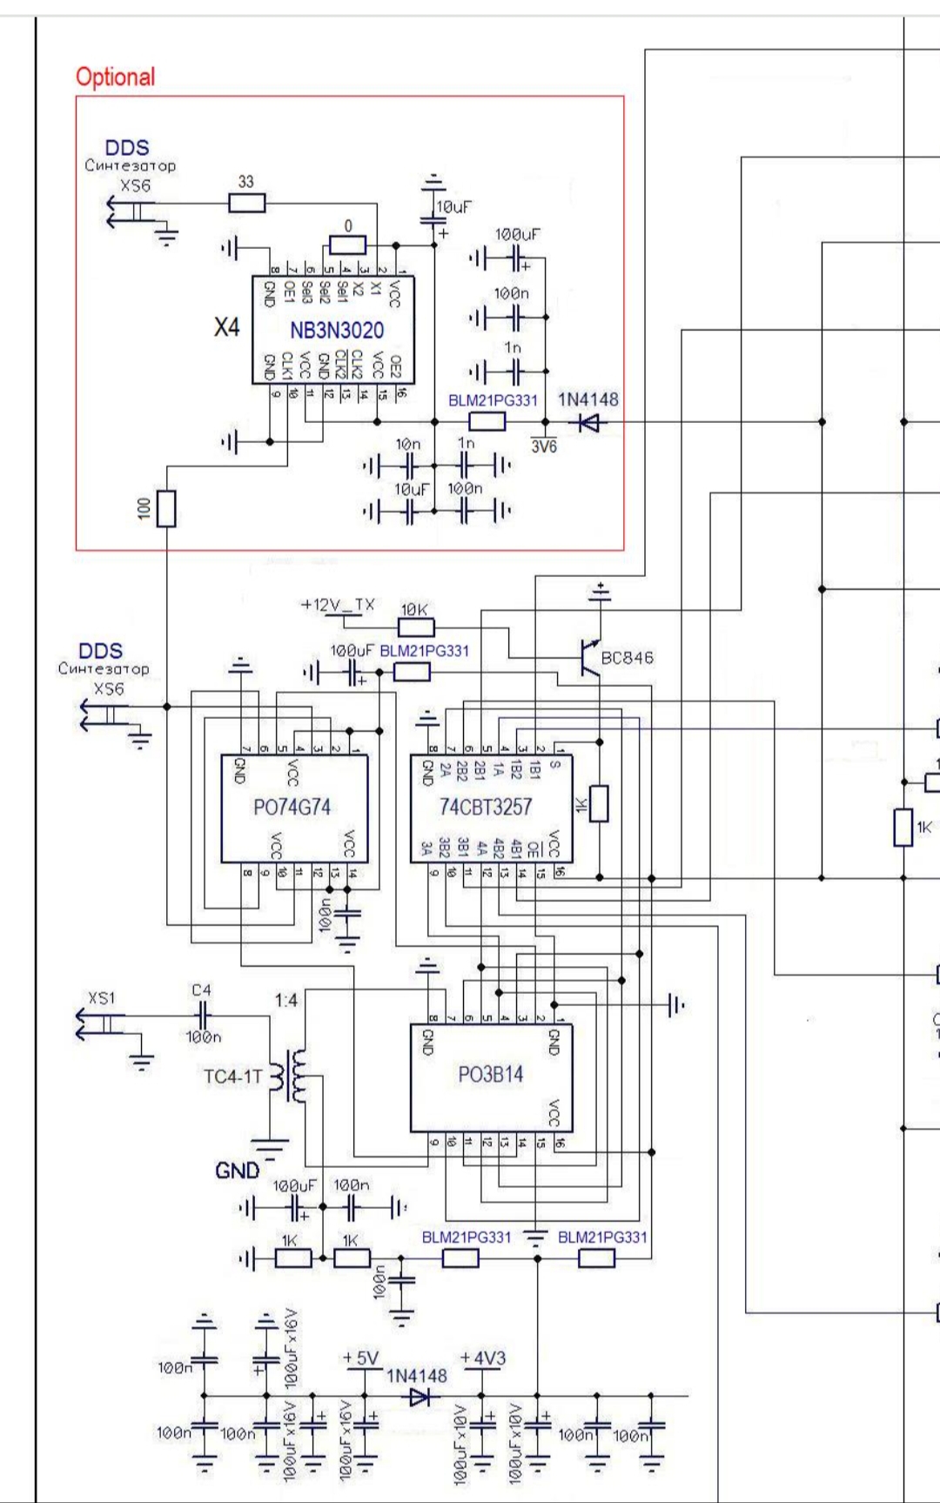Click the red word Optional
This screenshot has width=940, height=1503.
[115, 77]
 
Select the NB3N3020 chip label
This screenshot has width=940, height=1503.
[336, 330]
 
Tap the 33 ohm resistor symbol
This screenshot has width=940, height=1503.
[247, 204]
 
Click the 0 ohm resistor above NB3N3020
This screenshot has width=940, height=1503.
[347, 245]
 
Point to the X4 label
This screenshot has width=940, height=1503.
[226, 327]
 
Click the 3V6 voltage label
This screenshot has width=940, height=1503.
[543, 446]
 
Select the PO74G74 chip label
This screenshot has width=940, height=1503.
[292, 808]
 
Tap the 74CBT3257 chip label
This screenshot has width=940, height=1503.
[485, 808]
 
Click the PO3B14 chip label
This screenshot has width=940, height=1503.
[491, 1075]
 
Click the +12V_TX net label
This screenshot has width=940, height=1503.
[338, 605]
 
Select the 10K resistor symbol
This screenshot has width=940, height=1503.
[416, 627]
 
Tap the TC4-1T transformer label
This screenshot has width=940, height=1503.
[232, 1077]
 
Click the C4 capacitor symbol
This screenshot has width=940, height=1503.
[202, 1015]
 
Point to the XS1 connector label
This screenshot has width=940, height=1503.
[102, 997]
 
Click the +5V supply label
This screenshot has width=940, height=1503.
[360, 1359]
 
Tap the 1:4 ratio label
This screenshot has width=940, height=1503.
[285, 1000]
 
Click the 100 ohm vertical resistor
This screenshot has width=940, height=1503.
[165, 509]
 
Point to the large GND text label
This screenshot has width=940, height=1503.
[237, 1171]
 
